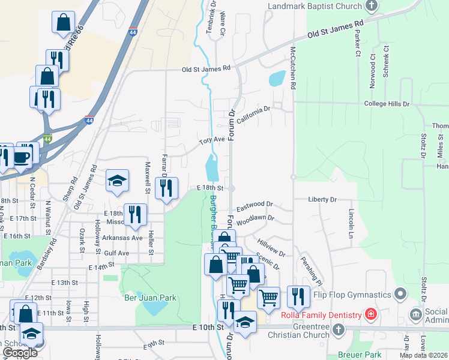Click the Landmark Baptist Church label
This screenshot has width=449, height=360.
click(313, 6)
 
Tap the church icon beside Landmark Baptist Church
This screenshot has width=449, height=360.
click(372, 6)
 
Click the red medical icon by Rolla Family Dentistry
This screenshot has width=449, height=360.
click(371, 315)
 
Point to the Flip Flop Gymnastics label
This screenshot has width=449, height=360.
click(350, 294)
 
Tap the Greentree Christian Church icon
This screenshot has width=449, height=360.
click(339, 329)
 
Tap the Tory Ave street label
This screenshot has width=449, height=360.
click(212, 140)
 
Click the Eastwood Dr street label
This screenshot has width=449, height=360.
click(255, 207)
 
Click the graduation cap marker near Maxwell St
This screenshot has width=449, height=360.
click(118, 180)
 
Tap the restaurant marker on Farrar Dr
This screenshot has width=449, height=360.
click(166, 188)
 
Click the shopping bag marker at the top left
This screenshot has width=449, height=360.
click(63, 23)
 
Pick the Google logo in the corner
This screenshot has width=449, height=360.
click(20, 353)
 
